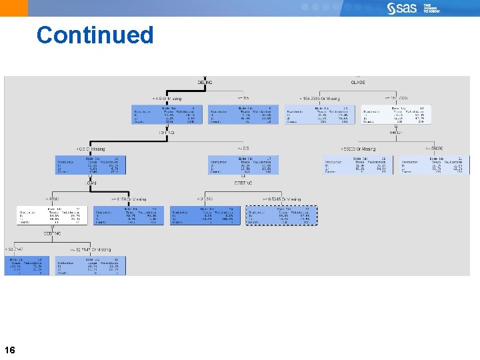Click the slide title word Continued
coord(95,35)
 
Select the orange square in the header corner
coord(14,8)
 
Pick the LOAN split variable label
coord(90,182)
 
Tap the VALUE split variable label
coord(396,132)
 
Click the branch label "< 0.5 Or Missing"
coord(90,149)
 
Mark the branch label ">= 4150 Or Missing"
coord(129,199)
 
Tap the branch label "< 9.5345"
coord(204,199)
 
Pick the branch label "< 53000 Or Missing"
coord(358,149)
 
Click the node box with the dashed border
coord(281,215)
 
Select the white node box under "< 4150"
coord(51,215)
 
